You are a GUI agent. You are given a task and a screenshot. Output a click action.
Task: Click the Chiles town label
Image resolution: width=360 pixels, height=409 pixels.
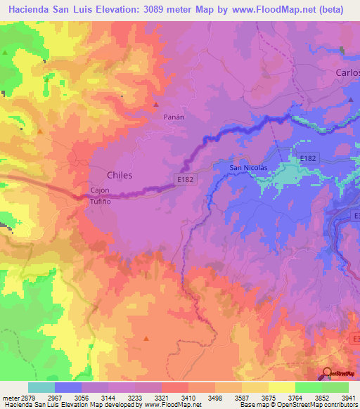[x=119, y=174]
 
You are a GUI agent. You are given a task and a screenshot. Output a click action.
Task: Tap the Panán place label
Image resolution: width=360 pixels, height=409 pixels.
[x=174, y=117]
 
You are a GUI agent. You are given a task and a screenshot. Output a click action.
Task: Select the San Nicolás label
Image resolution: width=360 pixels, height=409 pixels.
[x=249, y=168]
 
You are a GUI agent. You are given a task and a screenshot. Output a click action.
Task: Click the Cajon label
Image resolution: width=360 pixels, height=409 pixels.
[x=99, y=190]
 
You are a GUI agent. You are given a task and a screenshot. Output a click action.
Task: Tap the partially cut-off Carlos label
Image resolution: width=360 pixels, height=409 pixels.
[x=347, y=73]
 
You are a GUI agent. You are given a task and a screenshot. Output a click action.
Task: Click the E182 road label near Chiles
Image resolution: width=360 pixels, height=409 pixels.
[x=185, y=180]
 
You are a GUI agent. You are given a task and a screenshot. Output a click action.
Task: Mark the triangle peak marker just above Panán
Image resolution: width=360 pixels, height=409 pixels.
[x=155, y=105]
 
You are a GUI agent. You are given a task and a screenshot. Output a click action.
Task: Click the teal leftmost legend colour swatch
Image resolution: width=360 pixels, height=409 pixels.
[x=41, y=387]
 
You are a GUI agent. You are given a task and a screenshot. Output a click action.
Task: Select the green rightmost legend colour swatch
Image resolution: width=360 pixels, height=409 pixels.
[x=335, y=387]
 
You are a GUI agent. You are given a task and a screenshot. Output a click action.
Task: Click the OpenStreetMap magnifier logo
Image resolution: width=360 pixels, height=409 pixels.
[x=326, y=373]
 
